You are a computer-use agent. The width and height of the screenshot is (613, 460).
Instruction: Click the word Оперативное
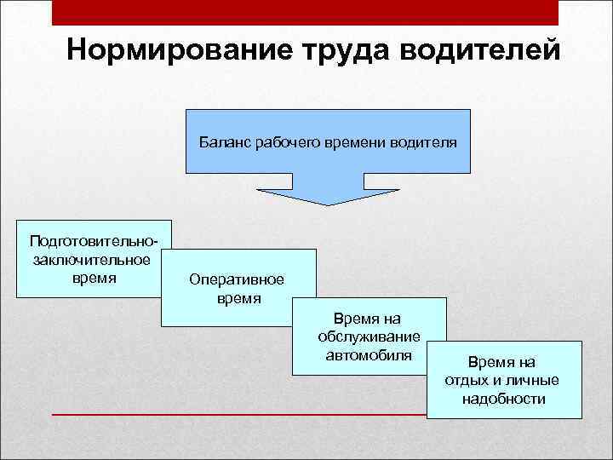(x=238, y=281)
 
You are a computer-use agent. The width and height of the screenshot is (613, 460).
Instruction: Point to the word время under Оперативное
(x=238, y=299)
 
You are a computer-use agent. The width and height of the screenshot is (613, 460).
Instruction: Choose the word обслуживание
(x=369, y=337)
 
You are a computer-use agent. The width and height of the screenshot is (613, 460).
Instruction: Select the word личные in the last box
(x=530, y=381)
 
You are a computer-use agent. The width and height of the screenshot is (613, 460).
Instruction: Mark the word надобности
(x=503, y=399)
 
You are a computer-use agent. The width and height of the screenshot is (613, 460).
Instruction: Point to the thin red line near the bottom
(x=238, y=414)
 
